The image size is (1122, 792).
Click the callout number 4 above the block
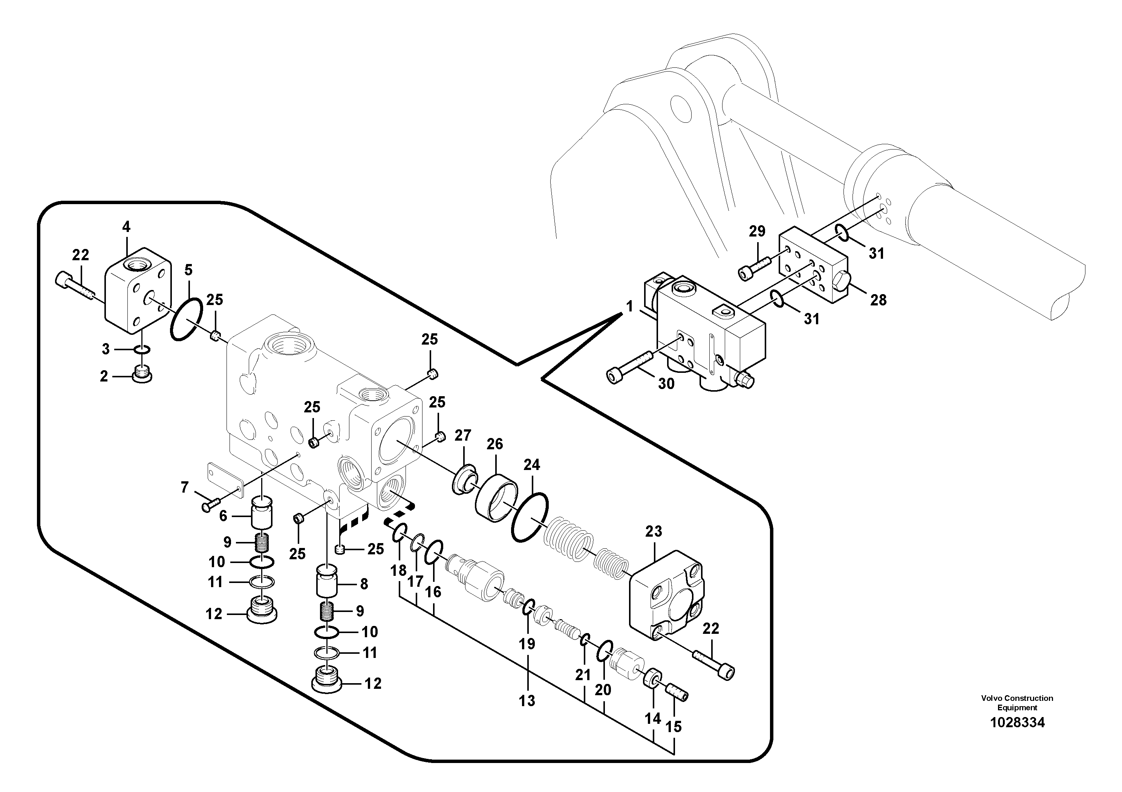coord(126,227)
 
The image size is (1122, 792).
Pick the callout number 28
coord(878,300)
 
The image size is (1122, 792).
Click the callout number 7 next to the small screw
coord(184,487)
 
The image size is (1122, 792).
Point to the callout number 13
coord(527,701)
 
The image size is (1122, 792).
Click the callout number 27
coord(462,435)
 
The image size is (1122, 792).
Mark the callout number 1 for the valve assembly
coord(629,307)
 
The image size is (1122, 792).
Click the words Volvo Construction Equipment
coord(1017,703)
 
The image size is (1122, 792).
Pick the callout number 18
coord(398,570)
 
